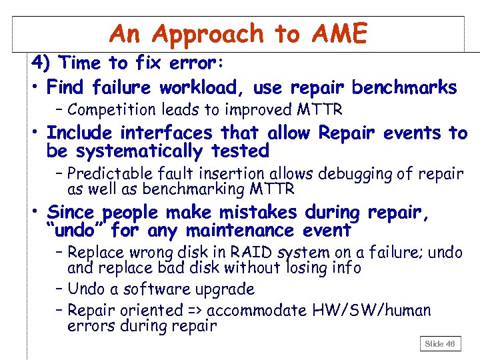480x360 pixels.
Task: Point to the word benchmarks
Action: coord(404,87)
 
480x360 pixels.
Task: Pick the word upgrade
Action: coord(227,289)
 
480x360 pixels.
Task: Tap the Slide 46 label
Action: coord(440,343)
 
